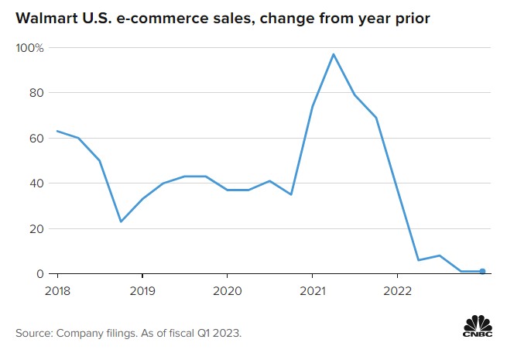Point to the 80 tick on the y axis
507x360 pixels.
click(x=36, y=93)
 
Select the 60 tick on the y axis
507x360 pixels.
click(x=36, y=139)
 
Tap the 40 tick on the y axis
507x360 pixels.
click(x=36, y=183)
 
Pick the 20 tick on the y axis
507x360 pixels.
click(x=36, y=229)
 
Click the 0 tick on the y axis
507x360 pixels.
click(x=39, y=274)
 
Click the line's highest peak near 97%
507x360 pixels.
click(x=333, y=54)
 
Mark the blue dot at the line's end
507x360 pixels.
click(x=482, y=272)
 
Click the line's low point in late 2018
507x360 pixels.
click(x=122, y=222)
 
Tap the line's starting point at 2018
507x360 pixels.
click(x=57, y=132)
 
